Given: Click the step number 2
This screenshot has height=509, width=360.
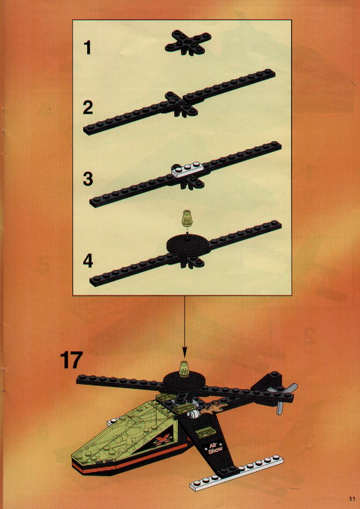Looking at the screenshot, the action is pos(88,108).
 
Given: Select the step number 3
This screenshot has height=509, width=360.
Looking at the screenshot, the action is pos(88,179).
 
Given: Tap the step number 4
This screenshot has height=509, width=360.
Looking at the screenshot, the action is pos(88,261).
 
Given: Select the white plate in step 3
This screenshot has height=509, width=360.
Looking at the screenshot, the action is pos(188,170).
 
